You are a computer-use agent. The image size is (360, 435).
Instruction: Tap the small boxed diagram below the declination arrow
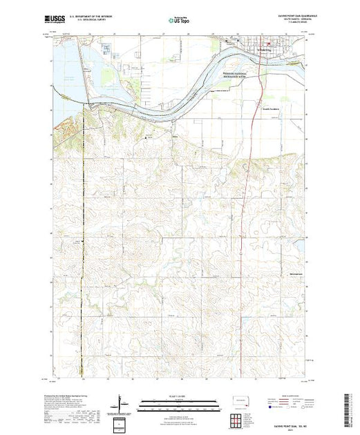122,422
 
